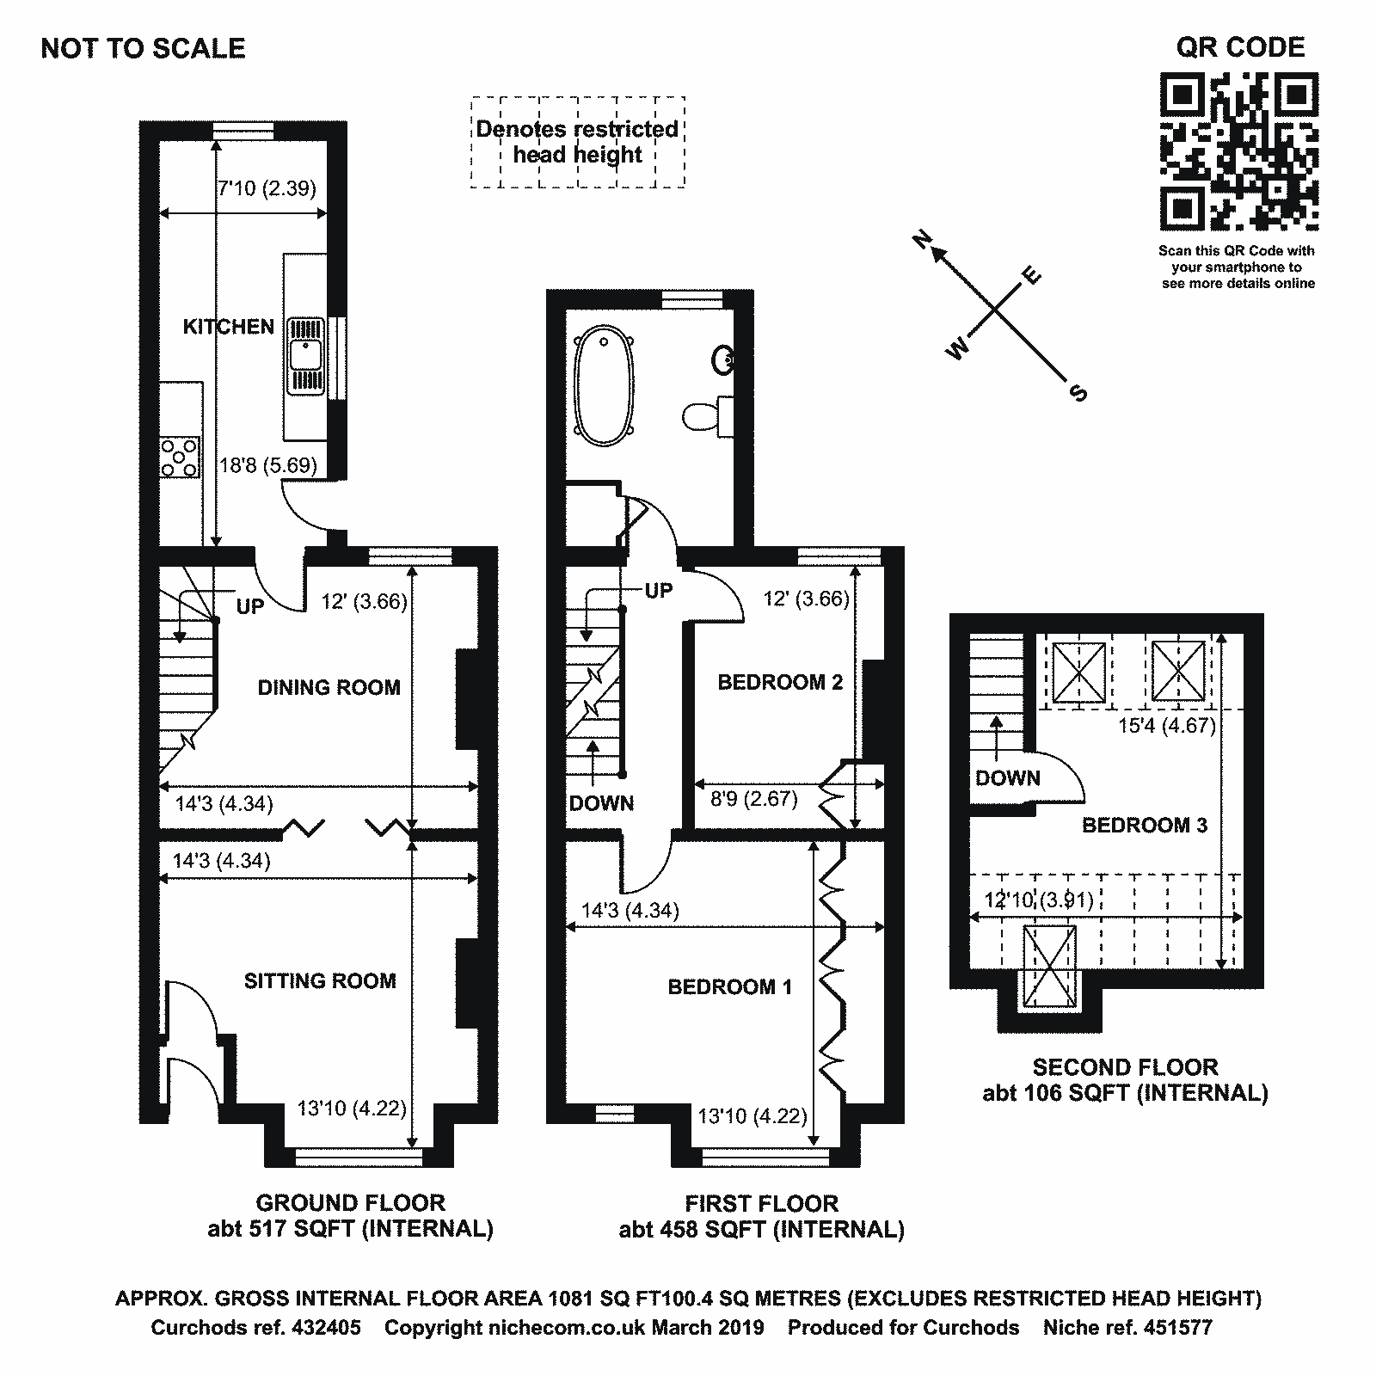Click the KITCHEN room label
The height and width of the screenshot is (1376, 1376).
(x=229, y=327)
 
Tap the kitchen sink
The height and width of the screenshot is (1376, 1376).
(x=305, y=354)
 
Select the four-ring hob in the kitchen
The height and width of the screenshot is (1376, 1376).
(x=179, y=457)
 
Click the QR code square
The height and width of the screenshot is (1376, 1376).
(x=1239, y=151)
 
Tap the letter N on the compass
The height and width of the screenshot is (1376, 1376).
(x=922, y=240)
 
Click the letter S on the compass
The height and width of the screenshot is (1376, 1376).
(x=1078, y=393)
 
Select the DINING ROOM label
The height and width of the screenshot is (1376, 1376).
(x=329, y=687)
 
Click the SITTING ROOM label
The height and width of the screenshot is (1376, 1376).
(x=320, y=980)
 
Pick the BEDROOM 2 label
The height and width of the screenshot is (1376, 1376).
(x=780, y=683)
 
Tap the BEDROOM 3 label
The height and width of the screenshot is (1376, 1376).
(x=1144, y=826)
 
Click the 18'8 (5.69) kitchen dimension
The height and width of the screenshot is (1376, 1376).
(x=268, y=466)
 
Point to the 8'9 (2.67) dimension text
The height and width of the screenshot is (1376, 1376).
(x=754, y=799)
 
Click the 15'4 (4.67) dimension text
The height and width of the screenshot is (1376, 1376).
(x=1166, y=726)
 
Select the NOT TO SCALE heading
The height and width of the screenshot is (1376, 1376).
(x=144, y=48)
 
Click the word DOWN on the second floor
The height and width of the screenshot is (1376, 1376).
(x=1007, y=778)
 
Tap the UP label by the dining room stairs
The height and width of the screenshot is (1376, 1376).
(x=250, y=607)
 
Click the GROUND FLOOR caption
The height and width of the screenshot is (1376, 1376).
(x=350, y=1202)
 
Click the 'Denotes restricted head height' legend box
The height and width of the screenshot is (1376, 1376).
(x=577, y=142)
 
